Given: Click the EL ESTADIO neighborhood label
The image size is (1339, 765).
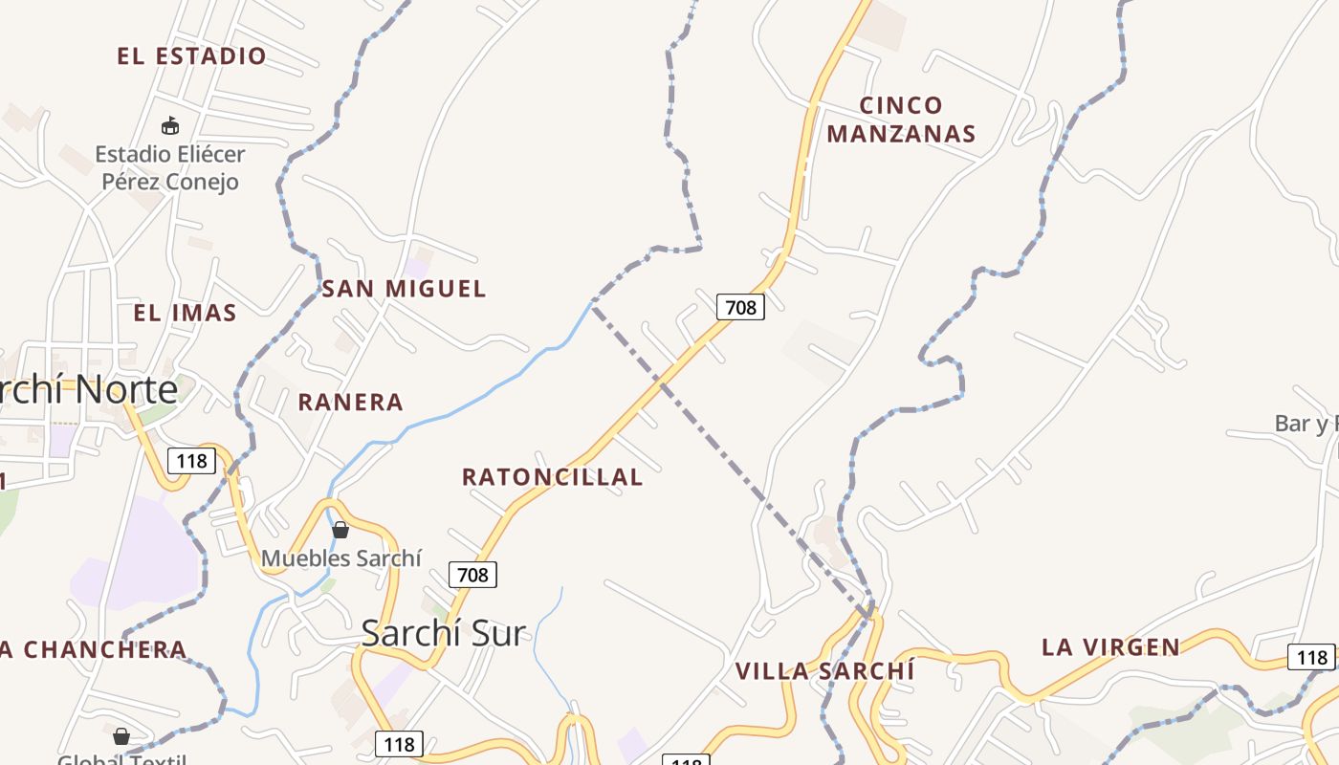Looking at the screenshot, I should [x=191, y=55].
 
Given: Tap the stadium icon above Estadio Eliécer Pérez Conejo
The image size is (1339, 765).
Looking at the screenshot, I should [x=170, y=124].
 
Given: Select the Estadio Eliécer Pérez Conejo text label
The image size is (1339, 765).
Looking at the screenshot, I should [x=170, y=167].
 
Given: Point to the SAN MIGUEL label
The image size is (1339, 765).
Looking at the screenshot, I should [x=404, y=288].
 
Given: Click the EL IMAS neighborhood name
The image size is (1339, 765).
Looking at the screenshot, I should [x=185, y=313].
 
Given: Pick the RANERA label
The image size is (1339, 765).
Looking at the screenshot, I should [x=350, y=402].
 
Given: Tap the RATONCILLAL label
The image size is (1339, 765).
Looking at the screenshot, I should [x=552, y=476].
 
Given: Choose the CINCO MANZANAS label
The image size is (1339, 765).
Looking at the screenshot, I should [x=901, y=120].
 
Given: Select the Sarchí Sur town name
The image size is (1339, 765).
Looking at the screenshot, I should [x=444, y=632].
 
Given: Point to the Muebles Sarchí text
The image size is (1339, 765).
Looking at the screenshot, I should [x=341, y=557].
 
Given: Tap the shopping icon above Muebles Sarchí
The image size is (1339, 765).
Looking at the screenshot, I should [x=340, y=530].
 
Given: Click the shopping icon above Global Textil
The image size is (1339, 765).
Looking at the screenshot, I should [x=121, y=736].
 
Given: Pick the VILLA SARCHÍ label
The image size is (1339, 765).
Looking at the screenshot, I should [x=824, y=670].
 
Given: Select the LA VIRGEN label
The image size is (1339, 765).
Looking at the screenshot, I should [x=1110, y=647].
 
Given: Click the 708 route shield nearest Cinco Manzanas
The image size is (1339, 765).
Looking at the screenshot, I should [x=740, y=306].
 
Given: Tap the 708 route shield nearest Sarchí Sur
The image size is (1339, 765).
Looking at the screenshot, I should [x=472, y=574].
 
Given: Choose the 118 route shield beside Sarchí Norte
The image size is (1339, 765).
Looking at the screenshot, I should [x=191, y=461].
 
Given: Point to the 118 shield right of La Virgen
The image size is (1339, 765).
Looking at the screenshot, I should [x=1311, y=657].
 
